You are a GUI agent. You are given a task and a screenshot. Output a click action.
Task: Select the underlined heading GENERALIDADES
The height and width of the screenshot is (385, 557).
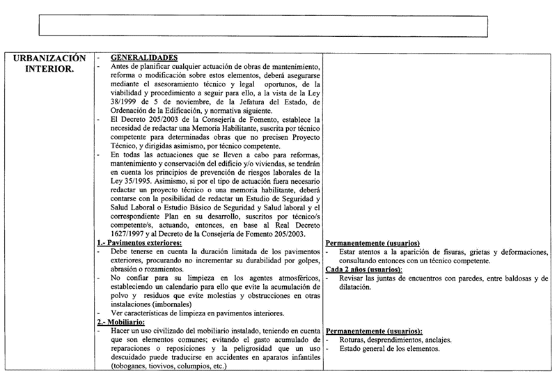144,58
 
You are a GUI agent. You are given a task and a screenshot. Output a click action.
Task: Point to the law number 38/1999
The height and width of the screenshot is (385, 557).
125,103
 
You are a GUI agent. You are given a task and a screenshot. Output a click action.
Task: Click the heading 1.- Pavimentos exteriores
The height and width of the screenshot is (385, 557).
139,242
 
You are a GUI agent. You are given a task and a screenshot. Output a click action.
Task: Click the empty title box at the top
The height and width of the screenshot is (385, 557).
263,25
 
